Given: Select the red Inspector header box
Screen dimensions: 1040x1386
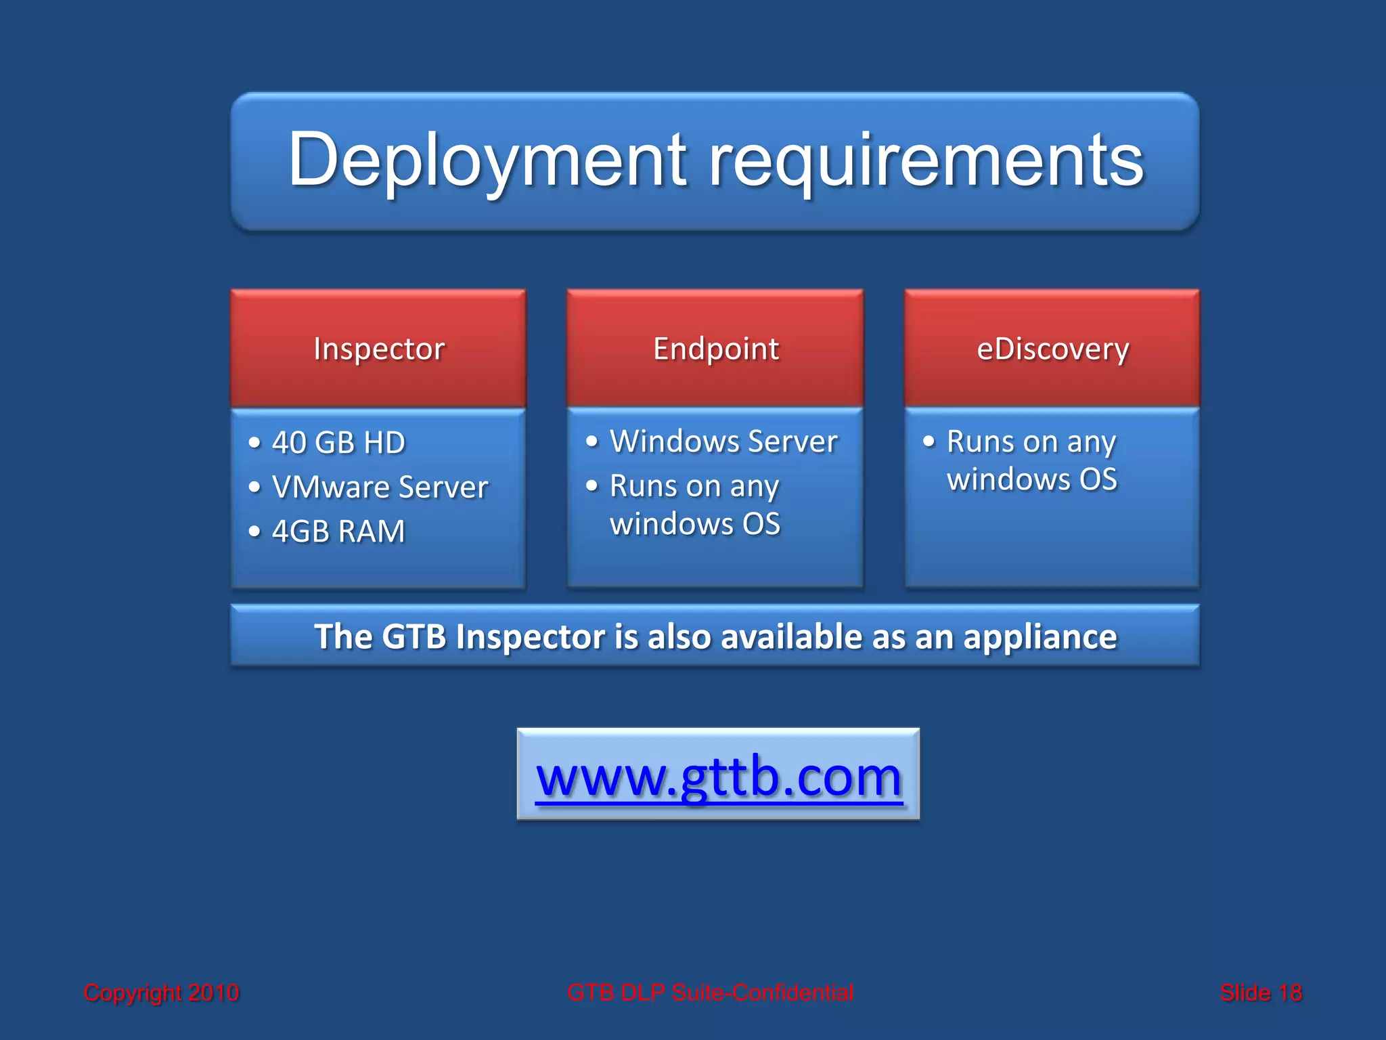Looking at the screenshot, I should pyautogui.click(x=378, y=349).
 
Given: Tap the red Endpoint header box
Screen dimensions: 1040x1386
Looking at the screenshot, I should pyautogui.click(x=715, y=349).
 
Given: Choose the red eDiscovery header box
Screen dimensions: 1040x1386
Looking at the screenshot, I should pyautogui.click(x=1052, y=349).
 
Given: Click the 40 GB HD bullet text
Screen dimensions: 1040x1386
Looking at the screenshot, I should pyautogui.click(x=338, y=443).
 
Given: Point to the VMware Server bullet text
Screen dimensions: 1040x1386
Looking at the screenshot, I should pyautogui.click(x=380, y=487).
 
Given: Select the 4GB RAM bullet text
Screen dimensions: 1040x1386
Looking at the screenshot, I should pyautogui.click(x=338, y=532).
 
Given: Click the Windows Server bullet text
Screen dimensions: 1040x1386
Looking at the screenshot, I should pyautogui.click(x=723, y=441).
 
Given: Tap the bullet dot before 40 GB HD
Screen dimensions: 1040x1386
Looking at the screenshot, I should pyautogui.click(x=254, y=443).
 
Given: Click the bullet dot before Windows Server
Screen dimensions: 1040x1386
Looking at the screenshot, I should pyautogui.click(x=592, y=442).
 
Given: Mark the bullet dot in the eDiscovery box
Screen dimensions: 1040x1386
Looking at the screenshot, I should pyautogui.click(x=929, y=442).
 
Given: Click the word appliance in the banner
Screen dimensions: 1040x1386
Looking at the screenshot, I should pyautogui.click(x=1039, y=636).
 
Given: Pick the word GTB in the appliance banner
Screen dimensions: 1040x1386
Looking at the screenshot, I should pyautogui.click(x=413, y=636).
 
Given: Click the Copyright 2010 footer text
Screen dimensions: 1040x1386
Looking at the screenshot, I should pyautogui.click(x=161, y=993).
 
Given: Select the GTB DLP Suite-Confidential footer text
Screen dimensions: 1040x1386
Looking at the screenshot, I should pyautogui.click(x=710, y=993).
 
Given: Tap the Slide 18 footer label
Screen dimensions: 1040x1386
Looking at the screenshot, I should pyautogui.click(x=1260, y=993).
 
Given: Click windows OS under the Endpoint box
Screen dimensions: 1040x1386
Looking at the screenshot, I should pyautogui.click(x=695, y=524).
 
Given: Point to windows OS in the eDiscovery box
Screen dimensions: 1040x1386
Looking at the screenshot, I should pyautogui.click(x=1031, y=479).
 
